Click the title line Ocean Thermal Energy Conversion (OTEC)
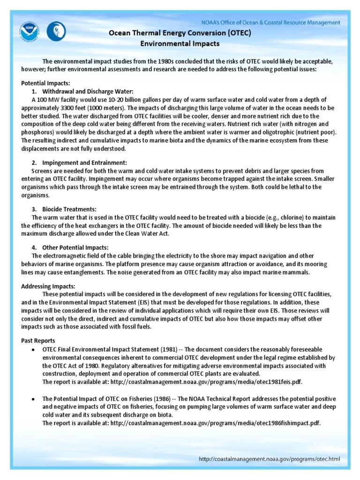pyautogui.click(x=180, y=33)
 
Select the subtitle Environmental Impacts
pyautogui.click(x=180, y=44)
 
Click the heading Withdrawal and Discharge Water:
pyautogui.click(x=88, y=91)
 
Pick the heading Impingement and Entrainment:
pyautogui.click(x=84, y=163)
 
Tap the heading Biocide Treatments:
pyautogui.click(x=70, y=209)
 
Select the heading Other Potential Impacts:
pyautogui.click(x=75, y=247)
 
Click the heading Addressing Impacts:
pyautogui.click(x=48, y=286)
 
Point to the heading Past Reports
pyautogui.click(x=38, y=341)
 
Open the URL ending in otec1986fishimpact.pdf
pyautogui.click(x=216, y=423)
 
